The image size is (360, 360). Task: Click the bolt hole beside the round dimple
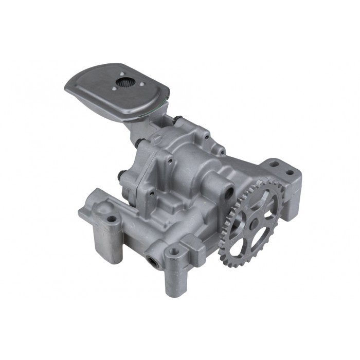tap(112, 220)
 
